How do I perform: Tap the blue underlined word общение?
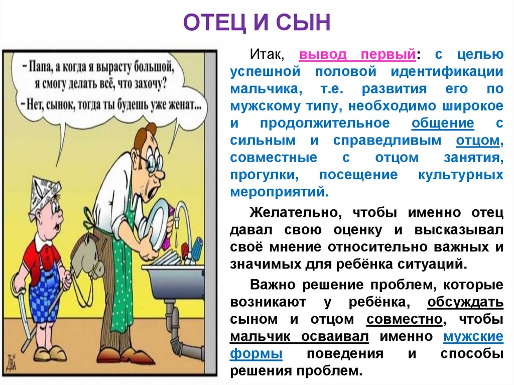click(x=443, y=123)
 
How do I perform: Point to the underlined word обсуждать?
click(x=465, y=303)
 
